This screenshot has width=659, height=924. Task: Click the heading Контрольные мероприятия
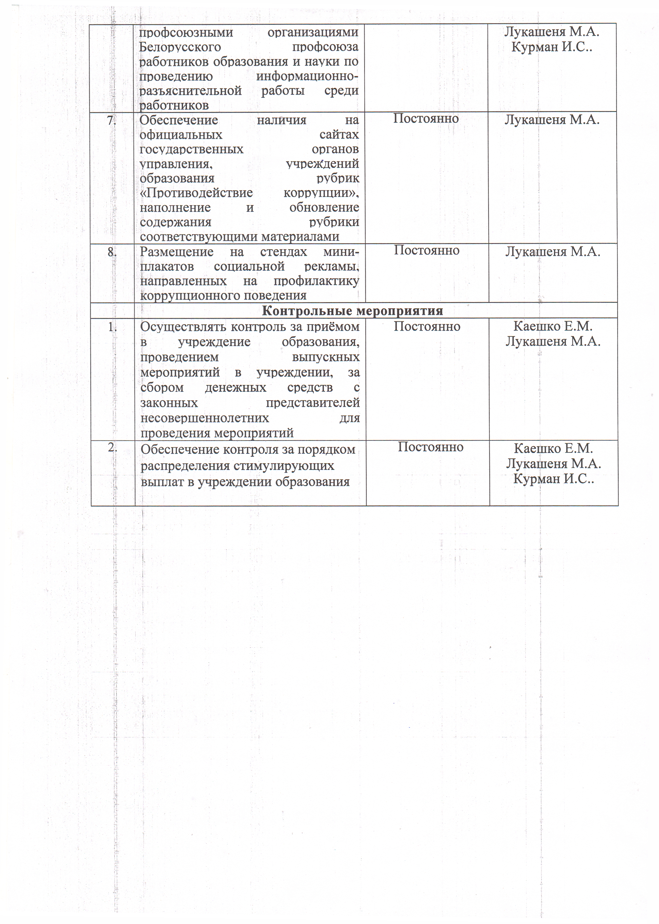coord(352,311)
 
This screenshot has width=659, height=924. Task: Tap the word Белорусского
coord(180,47)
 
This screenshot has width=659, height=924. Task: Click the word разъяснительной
coord(190,91)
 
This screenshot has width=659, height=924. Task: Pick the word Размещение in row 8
coord(176,252)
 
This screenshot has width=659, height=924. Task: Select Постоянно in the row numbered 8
coord(426,250)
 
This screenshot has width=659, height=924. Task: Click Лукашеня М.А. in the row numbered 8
coord(552,252)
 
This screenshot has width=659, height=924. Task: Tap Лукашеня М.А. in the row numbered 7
coord(552,120)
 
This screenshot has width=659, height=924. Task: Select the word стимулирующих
coord(284,466)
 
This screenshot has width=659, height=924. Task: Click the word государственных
coord(191,149)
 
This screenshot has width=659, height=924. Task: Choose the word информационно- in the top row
coord(307,76)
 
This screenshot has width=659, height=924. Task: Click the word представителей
coord(312,403)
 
